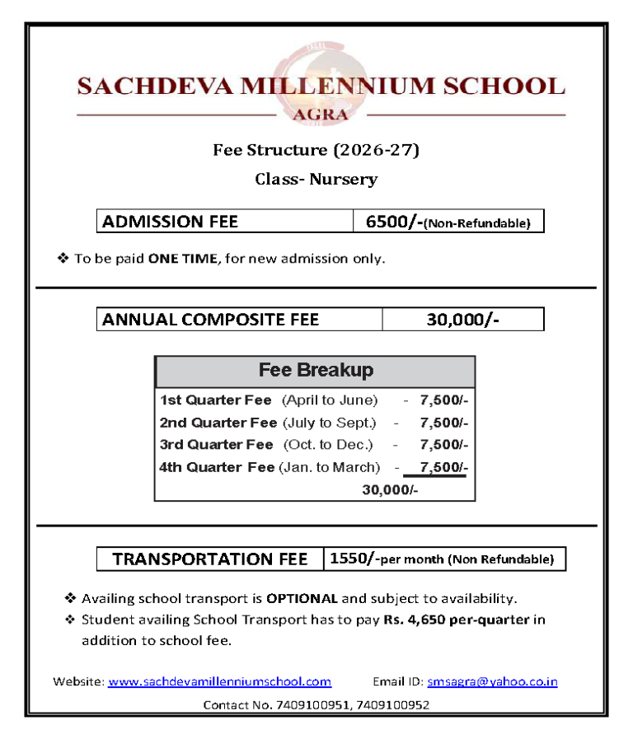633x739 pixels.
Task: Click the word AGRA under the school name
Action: click(321, 115)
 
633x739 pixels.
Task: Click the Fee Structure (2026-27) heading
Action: click(316, 150)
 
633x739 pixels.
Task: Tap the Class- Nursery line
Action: click(316, 179)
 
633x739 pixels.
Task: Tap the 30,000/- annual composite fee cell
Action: click(462, 320)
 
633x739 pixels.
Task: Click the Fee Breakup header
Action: click(316, 370)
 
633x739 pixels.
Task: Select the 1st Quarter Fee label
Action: click(215, 400)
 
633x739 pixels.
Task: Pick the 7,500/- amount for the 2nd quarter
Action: click(443, 423)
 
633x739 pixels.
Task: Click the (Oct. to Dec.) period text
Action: click(328, 445)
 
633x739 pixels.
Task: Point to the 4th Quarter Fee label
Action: click(217, 467)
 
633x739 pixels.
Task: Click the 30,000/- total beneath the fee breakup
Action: click(390, 490)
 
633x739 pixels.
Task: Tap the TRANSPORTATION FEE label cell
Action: click(209, 559)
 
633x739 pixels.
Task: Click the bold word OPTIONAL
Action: click(302, 598)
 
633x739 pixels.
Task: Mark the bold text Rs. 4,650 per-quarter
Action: click(456, 620)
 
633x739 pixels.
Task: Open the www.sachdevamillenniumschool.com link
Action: click(219, 681)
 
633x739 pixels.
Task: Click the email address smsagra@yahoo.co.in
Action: click(492, 681)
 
